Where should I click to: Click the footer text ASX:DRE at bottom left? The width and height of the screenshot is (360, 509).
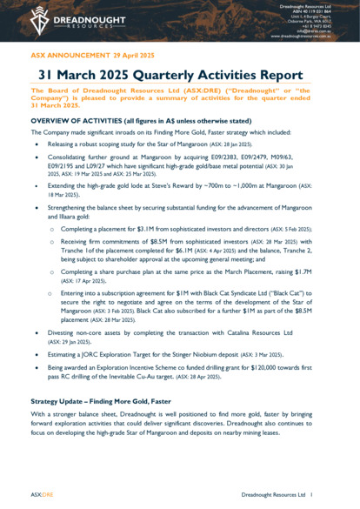pyautogui.click(x=42, y=493)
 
